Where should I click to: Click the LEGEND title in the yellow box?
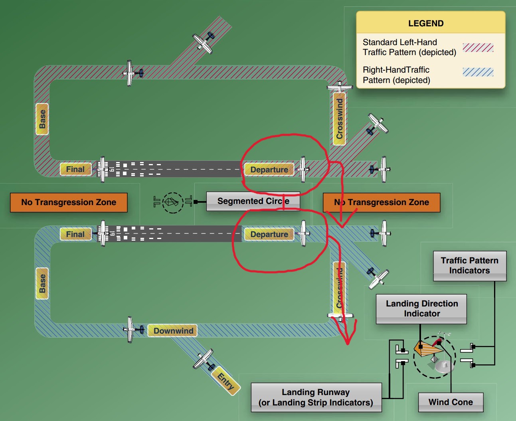pos(426,23)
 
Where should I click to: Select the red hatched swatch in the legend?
pos(478,48)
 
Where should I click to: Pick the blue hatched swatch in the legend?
pos(478,72)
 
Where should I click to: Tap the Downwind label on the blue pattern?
pos(173,330)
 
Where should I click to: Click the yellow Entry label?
pos(226,381)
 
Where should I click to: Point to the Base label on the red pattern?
pos(42,119)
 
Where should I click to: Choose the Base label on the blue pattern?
pos(42,283)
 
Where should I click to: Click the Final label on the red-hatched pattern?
pos(75,169)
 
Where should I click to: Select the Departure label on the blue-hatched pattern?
pos(269,234)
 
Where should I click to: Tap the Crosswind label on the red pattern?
pos(339,119)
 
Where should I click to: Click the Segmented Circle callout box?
pos(253,201)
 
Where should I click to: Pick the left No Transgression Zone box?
pos(69,202)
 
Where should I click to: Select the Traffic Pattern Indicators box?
pos(470,265)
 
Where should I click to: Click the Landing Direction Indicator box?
pos(421,308)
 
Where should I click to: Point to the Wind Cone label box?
pos(451,402)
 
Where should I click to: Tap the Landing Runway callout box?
pos(316,397)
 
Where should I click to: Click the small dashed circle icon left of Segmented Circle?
pos(172,202)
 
